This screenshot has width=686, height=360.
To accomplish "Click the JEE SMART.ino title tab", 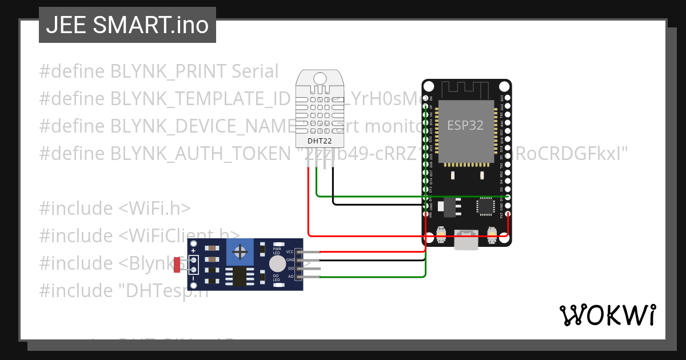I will pos(127,25).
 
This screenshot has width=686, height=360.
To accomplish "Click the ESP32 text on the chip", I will pos(465,126).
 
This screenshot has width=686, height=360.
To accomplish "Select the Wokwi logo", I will pos(607,315).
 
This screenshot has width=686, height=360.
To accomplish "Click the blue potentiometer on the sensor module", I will pos(241,252).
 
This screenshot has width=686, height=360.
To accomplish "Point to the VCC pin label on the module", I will pos(290,252).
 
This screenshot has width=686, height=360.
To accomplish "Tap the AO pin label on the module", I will pos(290,277).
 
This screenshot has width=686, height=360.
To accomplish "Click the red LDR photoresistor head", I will pos(177,264).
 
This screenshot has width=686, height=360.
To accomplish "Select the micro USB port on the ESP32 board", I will pos(467,239).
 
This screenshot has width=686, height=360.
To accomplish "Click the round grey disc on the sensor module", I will pos(277,264).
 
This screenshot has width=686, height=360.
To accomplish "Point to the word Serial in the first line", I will pos(255,71).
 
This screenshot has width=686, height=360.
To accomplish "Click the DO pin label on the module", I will pos(290,268).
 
